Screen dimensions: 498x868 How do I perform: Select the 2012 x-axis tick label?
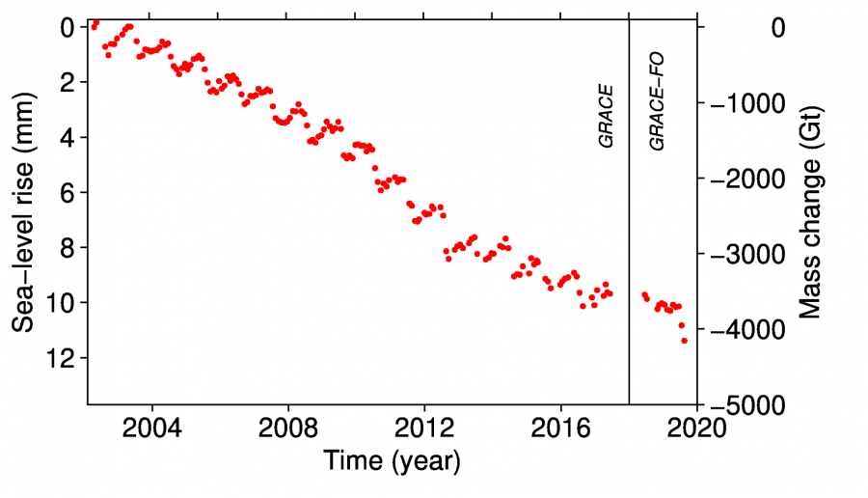424,428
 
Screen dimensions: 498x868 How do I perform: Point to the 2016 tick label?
561,428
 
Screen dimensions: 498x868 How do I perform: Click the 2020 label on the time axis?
697,428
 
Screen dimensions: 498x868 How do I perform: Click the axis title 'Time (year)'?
392,460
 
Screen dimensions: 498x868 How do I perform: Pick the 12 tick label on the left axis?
61,358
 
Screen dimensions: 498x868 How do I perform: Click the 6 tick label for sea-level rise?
68,192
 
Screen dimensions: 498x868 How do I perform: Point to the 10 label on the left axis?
61,303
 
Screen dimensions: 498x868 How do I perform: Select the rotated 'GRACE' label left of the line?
607,116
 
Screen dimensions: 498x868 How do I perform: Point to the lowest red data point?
684,341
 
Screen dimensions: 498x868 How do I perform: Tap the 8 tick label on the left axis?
68,248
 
